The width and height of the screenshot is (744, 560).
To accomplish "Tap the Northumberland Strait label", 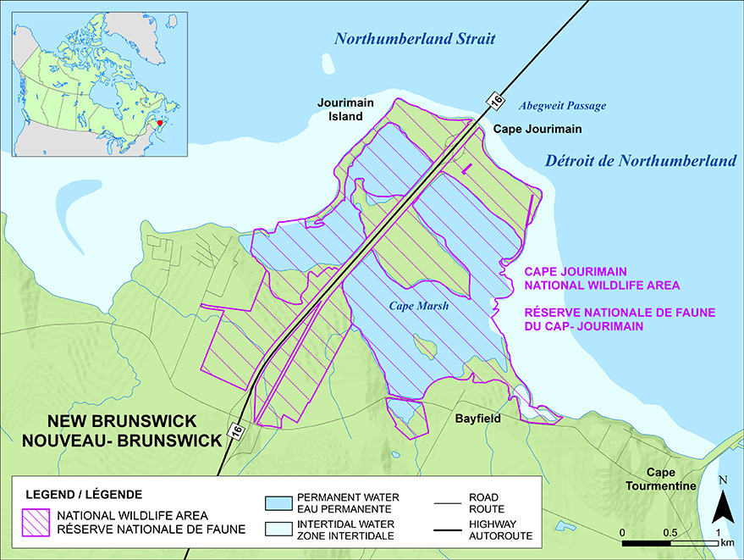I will click(414, 39).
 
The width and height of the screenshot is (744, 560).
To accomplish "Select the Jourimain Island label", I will click(345, 109).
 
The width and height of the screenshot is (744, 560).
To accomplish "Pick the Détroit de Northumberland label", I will click(641, 160).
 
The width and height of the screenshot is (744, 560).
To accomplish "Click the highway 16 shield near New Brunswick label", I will click(236, 430).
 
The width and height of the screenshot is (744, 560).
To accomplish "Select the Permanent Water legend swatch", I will click(278, 502).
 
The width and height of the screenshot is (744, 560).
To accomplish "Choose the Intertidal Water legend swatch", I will click(278, 530).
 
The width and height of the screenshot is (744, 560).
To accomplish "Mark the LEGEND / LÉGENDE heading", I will click(84, 494).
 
